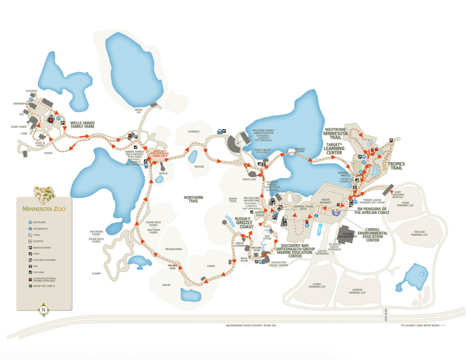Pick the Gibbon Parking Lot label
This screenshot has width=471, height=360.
[357, 292]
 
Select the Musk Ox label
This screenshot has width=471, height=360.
[138, 110]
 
